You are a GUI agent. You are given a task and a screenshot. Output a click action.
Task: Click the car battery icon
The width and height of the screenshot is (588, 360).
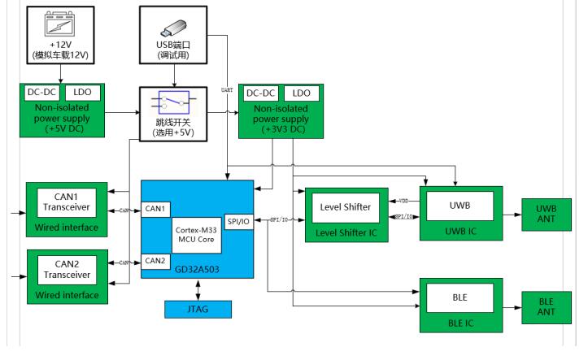59,24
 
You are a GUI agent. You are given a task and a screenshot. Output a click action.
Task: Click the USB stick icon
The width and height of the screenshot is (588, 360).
173,28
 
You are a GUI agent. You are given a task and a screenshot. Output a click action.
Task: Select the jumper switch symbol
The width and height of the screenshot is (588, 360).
173,102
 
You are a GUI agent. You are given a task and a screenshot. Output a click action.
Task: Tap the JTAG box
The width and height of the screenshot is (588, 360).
198,310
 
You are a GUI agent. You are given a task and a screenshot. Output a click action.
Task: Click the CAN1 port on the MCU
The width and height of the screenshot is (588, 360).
155,209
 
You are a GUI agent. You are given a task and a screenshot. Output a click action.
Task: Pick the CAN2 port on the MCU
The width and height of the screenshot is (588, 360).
155,261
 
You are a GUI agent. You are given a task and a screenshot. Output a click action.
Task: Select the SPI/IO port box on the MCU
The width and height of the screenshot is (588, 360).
238,222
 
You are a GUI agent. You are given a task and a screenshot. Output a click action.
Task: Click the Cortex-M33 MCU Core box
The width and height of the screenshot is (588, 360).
197,235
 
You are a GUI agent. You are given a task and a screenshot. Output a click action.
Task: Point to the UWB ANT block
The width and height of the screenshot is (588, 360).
547,215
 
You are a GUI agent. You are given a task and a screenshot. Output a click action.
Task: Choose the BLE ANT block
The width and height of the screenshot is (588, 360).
547,307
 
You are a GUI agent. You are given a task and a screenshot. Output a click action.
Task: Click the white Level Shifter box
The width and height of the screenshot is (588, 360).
346,207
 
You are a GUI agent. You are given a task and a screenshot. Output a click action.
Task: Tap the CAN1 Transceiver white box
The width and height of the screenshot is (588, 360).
67,202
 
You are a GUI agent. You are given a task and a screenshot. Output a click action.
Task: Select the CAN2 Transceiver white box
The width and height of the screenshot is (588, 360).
68,270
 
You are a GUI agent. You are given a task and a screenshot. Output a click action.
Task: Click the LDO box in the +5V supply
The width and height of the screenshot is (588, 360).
83,93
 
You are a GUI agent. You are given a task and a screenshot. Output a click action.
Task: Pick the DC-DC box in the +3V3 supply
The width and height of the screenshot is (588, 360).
260,93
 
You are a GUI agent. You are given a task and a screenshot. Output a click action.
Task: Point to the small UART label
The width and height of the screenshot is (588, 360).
227,90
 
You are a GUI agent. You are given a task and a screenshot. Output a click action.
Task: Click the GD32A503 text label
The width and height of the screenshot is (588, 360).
198,269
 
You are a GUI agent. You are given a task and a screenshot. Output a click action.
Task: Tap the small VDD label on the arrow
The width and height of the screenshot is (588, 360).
403,202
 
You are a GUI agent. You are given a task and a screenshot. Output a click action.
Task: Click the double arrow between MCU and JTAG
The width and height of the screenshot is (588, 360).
198,289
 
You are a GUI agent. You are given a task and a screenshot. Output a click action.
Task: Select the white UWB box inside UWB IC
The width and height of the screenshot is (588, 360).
460,206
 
